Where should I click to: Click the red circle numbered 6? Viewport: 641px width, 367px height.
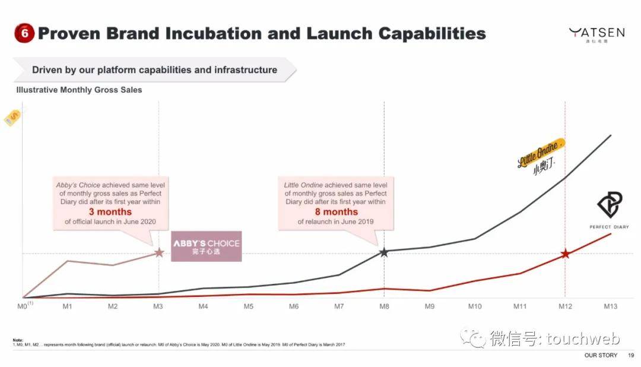[x=25, y=33]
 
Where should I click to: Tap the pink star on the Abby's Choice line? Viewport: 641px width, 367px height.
[x=159, y=252]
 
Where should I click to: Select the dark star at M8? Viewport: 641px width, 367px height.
[x=384, y=252]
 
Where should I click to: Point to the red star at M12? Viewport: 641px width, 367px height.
[x=565, y=254]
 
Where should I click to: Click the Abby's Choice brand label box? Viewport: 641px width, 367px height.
[x=206, y=246]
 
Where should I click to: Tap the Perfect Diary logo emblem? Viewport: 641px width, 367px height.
[x=609, y=205]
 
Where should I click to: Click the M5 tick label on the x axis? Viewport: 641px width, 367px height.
[x=248, y=306]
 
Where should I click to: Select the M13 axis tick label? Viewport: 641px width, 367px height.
[x=610, y=306]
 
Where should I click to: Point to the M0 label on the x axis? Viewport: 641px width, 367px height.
[x=23, y=306]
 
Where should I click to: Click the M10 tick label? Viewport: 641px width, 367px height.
[x=474, y=306]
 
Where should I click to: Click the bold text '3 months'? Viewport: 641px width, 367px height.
[x=110, y=212]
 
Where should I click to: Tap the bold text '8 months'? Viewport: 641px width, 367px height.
[x=336, y=212]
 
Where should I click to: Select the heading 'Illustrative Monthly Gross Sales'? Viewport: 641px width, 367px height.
[x=79, y=90]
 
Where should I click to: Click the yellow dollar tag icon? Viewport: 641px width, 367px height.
[x=12, y=118]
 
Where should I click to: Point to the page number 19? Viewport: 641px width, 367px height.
[x=630, y=355]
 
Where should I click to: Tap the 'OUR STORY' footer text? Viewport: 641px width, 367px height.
[x=601, y=355]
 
